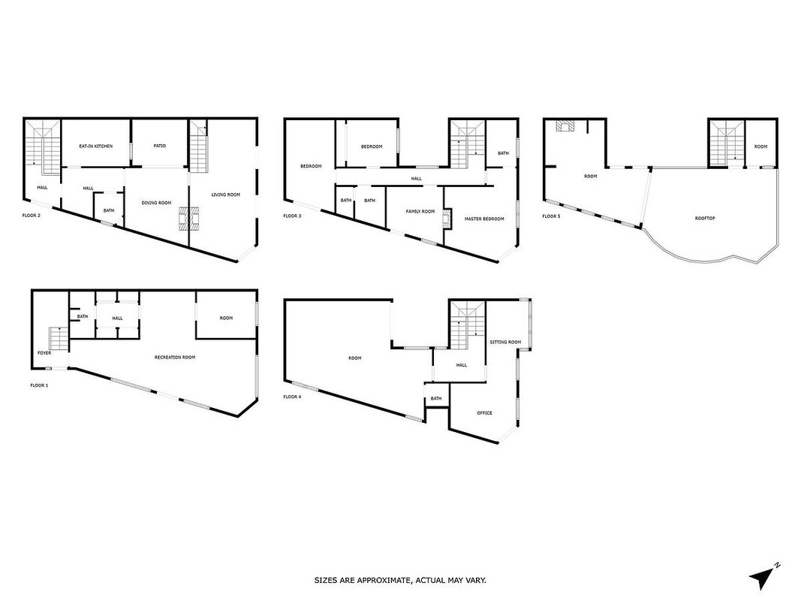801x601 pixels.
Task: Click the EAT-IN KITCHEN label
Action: (x=95, y=146)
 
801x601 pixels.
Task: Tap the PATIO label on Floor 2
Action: (x=159, y=146)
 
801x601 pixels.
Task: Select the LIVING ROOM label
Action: (x=226, y=195)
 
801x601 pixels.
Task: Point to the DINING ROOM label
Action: (x=156, y=203)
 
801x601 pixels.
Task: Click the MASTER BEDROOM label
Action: (x=483, y=219)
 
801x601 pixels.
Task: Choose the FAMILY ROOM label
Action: (x=420, y=212)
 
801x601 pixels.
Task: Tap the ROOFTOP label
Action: (x=705, y=218)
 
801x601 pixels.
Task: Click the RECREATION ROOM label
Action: (x=175, y=358)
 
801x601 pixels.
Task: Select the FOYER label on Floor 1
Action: (x=44, y=353)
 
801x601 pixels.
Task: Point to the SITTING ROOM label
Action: (x=505, y=342)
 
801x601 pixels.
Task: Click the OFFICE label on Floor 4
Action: (x=484, y=413)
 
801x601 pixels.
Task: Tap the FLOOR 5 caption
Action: (x=551, y=216)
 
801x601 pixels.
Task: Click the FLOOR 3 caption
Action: (x=292, y=216)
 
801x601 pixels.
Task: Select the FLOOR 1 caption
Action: (x=39, y=385)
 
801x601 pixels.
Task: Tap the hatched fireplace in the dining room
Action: (x=187, y=219)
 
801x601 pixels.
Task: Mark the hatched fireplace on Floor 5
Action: (x=565, y=125)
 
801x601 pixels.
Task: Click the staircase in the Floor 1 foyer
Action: (x=59, y=339)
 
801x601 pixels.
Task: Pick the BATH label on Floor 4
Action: (x=435, y=399)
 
